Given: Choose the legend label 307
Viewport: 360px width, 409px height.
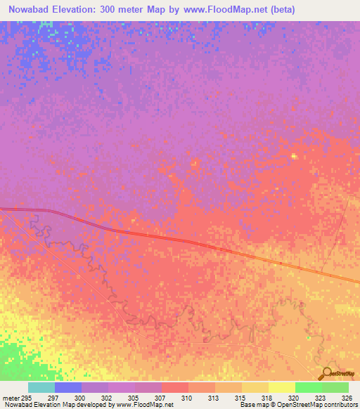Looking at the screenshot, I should click(x=161, y=398).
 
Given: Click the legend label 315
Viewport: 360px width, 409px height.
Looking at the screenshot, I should click(x=241, y=398).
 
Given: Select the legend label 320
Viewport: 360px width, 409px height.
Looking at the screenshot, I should click(x=295, y=398).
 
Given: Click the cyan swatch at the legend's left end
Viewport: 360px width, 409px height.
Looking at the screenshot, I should click(x=41, y=387).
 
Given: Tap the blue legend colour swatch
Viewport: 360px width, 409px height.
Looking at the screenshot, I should click(x=67, y=387).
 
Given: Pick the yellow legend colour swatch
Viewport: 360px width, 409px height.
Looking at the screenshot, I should click(x=281, y=387).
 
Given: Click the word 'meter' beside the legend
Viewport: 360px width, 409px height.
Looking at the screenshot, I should click(x=10, y=398).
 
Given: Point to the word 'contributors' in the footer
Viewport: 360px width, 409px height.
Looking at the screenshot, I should click(x=341, y=405).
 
